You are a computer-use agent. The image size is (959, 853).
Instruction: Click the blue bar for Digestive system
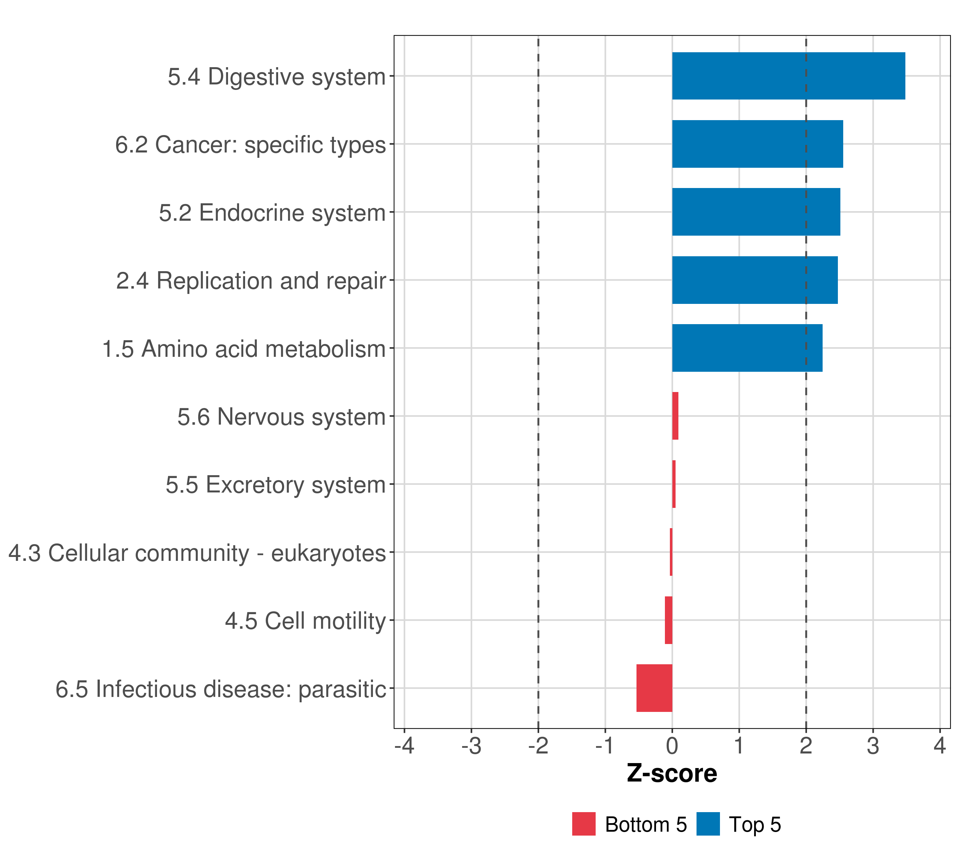(788, 76)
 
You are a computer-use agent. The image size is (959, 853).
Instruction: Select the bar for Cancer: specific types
(757, 144)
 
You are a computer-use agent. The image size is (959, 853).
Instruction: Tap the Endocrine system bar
(756, 212)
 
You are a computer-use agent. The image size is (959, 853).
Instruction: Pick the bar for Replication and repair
(754, 280)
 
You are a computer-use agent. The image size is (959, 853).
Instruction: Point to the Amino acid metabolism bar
(747, 348)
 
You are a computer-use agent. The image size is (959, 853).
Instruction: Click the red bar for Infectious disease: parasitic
(654, 688)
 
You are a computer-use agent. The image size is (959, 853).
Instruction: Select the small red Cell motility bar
(668, 620)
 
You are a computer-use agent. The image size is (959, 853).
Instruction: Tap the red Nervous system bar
(675, 416)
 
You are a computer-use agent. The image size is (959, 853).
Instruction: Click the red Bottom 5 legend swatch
(584, 824)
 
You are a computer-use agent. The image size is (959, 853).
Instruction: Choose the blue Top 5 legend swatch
(708, 824)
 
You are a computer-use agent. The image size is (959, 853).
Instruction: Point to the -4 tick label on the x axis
(405, 746)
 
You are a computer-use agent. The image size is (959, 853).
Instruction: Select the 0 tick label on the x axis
(672, 746)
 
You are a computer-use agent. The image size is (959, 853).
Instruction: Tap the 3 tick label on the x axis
(873, 746)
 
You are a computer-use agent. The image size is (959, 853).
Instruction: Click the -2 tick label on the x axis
(538, 746)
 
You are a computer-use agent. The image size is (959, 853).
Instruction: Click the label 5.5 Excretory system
(275, 484)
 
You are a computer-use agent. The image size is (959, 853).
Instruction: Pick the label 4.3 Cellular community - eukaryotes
(197, 553)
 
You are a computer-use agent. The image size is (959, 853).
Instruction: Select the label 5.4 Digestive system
(277, 76)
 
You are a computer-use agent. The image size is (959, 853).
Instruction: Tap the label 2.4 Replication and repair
(251, 281)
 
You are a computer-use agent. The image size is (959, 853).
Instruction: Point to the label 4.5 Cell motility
(305, 621)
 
